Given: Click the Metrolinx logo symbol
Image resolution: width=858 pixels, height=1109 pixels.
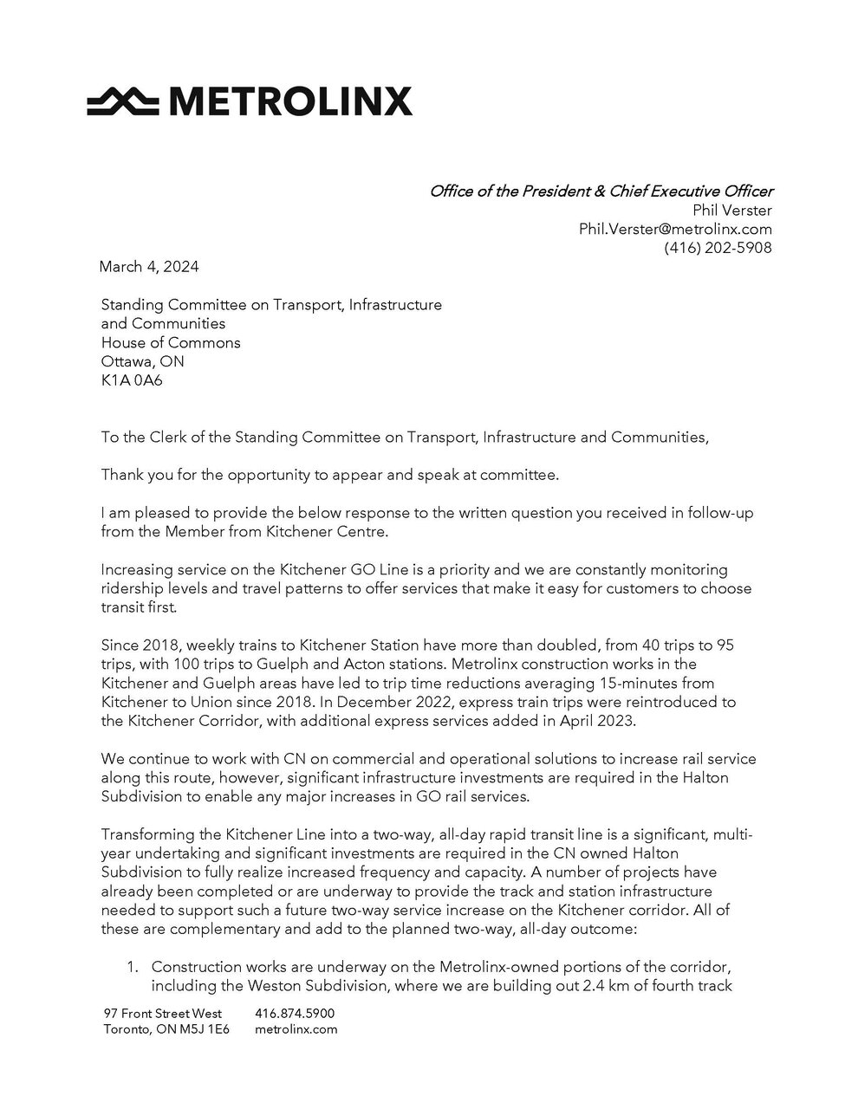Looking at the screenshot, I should click(x=121, y=102).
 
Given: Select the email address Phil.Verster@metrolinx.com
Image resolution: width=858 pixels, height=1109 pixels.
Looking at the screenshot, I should click(x=675, y=230).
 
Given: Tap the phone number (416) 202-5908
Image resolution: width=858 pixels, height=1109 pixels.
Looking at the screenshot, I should click(x=718, y=248).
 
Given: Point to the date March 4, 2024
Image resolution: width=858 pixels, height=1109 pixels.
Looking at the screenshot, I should click(x=149, y=267).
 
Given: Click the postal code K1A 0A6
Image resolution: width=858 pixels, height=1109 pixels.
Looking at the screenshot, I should click(x=132, y=380).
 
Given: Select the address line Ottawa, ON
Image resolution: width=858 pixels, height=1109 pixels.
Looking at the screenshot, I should click(x=142, y=361).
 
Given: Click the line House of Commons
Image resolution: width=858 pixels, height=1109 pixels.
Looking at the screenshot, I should click(x=171, y=342).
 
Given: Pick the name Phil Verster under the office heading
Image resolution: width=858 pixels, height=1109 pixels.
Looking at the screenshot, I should click(x=732, y=211).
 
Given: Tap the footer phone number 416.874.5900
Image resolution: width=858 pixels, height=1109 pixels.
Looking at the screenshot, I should click(x=296, y=1014).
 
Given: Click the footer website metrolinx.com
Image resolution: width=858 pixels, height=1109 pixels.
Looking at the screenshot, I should click(x=296, y=1030).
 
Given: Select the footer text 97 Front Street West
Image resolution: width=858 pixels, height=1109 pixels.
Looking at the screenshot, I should click(x=162, y=1014).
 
